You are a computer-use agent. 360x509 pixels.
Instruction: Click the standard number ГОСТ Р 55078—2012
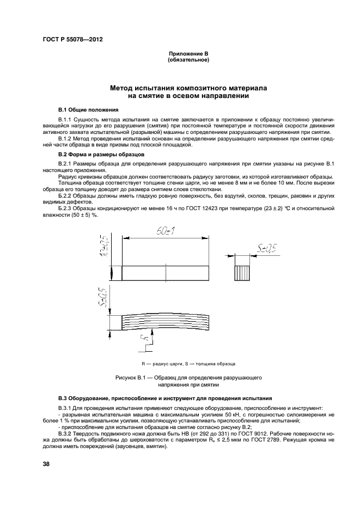72,39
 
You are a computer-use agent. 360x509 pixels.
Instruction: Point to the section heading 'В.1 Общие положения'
84,109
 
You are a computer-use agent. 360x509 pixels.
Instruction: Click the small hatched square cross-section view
243,273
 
